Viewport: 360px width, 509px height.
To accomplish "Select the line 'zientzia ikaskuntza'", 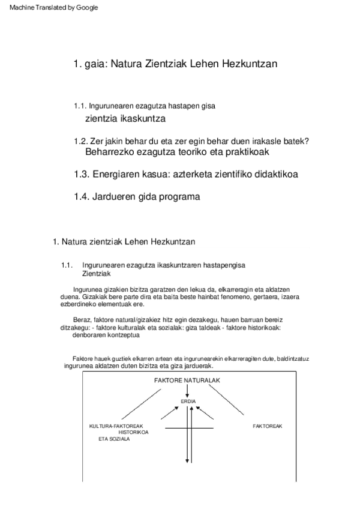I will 125,118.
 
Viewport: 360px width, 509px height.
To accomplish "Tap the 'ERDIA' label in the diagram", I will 188,401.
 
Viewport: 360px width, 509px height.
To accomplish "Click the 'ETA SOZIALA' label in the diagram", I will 114,439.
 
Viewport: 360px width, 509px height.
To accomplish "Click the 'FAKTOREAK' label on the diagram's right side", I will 268,426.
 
